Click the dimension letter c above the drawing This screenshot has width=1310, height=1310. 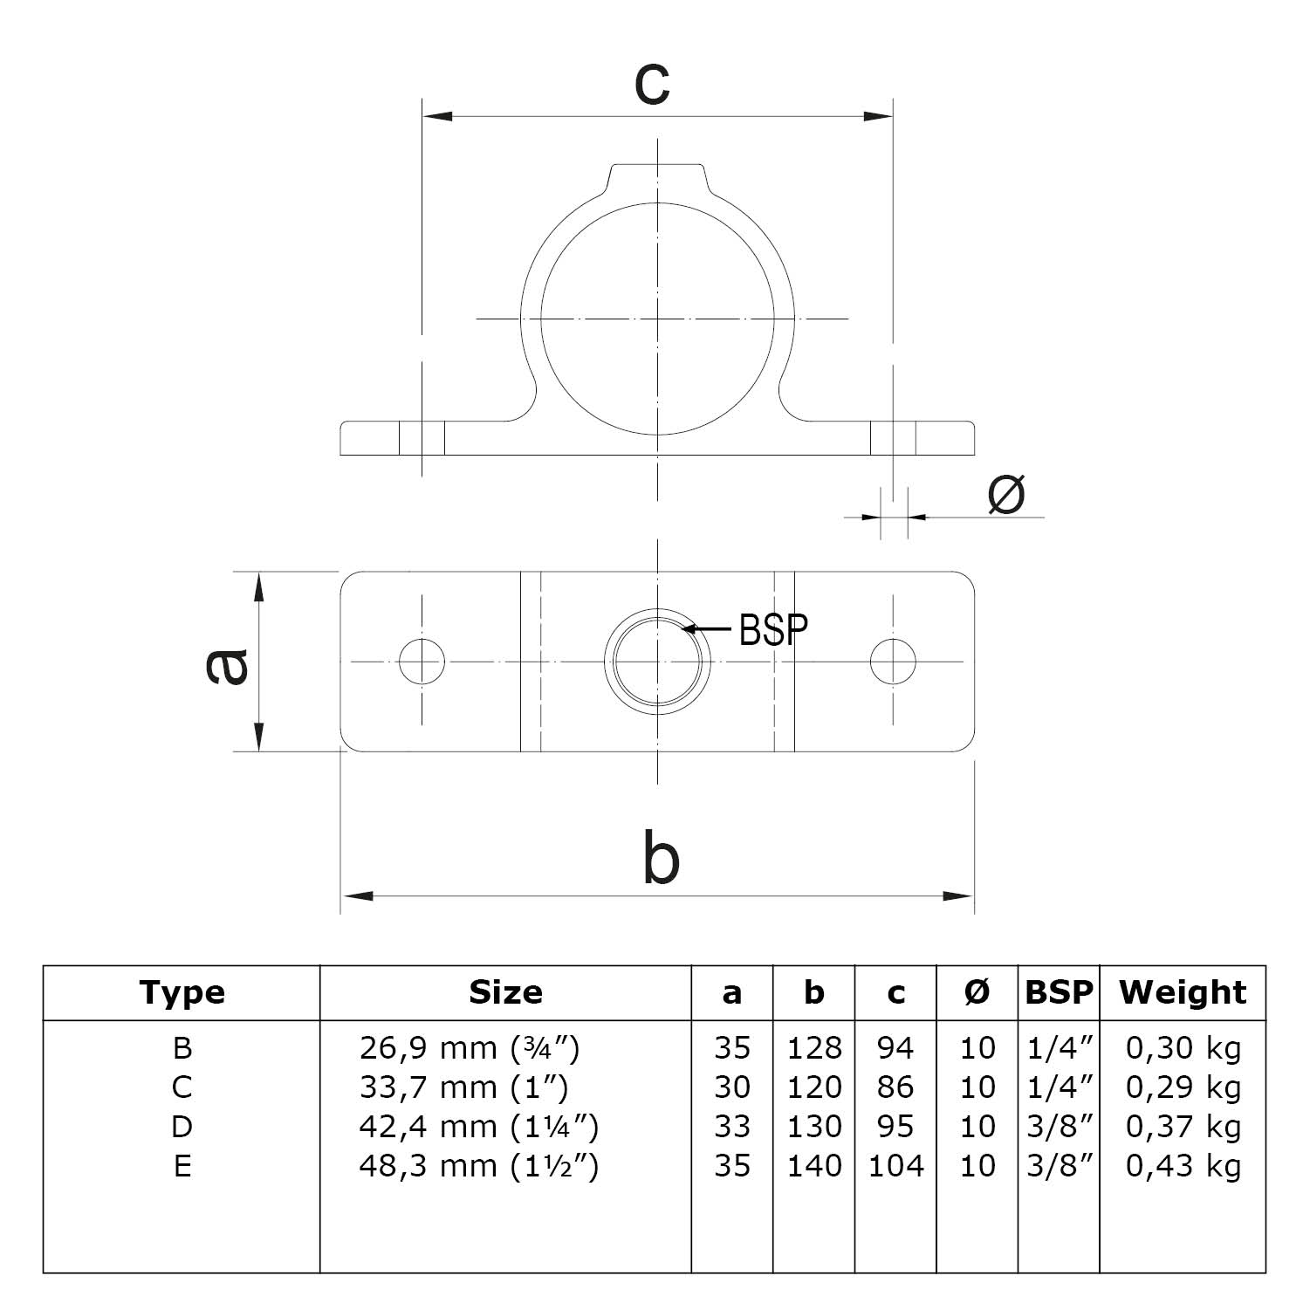[653, 85]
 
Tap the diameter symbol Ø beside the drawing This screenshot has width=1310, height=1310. [1005, 495]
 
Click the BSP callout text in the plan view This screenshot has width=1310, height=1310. [773, 629]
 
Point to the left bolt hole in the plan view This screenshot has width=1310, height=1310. [422, 661]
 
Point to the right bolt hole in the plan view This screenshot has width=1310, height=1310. [893, 661]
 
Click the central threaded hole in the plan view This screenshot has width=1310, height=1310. [657, 661]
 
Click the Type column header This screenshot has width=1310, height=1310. [182, 992]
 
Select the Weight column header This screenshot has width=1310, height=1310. [1183, 992]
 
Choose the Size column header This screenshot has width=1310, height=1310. [505, 992]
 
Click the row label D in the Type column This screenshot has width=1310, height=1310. [182, 1127]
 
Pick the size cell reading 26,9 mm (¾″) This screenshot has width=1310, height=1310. [470, 1047]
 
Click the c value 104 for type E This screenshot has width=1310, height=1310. [895, 1166]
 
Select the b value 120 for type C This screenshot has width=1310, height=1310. [814, 1087]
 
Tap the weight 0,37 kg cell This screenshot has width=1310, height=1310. [1183, 1127]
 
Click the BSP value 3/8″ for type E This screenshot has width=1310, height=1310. [1060, 1166]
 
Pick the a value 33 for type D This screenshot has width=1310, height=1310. [731, 1127]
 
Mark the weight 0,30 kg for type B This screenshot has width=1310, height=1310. [1183, 1047]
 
